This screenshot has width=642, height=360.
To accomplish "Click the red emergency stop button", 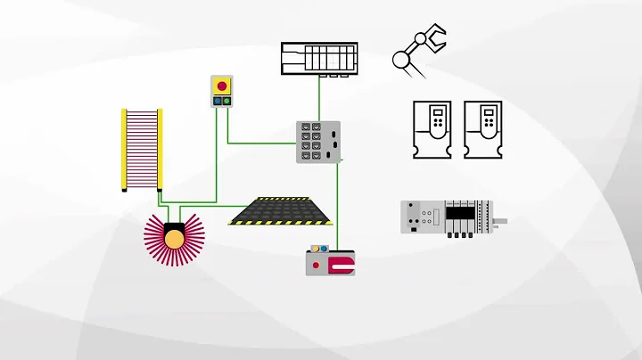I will point(221,86).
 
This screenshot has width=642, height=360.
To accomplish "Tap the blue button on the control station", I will point(217,102).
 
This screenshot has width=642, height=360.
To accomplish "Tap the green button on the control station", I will point(226,102).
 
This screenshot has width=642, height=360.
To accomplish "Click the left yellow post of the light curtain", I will point(124,149).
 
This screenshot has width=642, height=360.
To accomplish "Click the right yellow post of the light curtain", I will point(160,149).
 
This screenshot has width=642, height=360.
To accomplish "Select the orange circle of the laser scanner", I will point(174,237).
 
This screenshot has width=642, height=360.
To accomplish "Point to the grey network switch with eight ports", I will point(318,141).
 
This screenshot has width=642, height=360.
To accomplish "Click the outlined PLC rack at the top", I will point(319,58).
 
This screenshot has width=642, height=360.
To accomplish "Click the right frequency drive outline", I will point(487,130).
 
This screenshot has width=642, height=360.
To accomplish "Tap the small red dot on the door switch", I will point(316,265).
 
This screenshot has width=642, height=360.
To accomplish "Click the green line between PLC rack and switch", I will point(319,98).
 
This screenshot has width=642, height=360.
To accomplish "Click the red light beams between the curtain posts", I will point(142,149).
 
